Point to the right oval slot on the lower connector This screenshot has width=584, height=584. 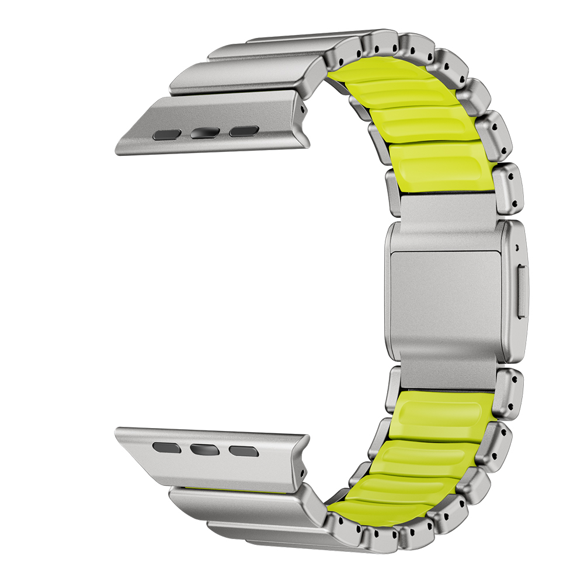click(243, 450)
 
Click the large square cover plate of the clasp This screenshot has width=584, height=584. click(446, 297)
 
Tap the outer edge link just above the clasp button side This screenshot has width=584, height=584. click(507, 187)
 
